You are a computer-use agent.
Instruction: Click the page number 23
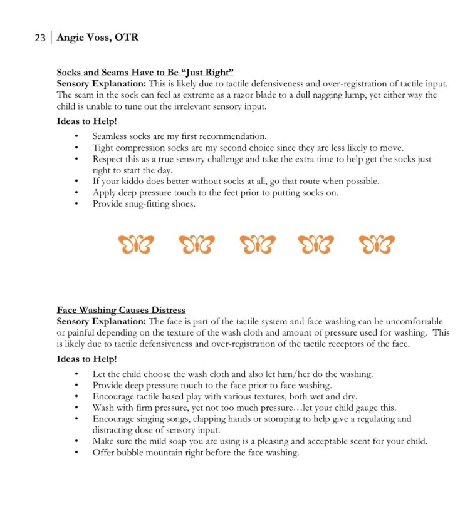40,38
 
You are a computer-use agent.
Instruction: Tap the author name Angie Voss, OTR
97,38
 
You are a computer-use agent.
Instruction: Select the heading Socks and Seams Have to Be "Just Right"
145,73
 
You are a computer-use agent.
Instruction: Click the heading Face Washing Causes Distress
121,310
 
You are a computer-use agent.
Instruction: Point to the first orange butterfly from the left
135,244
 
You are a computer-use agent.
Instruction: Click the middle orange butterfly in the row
257,244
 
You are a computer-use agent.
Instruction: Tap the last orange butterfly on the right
377,244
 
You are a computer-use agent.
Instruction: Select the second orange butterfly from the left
197,244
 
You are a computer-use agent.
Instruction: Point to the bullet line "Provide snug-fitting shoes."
144,203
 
